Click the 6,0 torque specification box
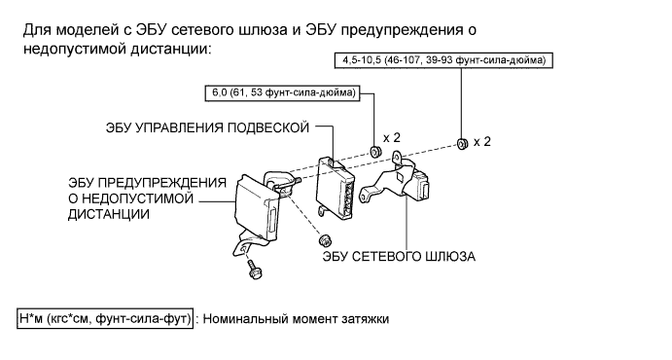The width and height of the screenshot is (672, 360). pos(283,93)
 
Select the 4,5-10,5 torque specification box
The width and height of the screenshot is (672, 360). pos(443,60)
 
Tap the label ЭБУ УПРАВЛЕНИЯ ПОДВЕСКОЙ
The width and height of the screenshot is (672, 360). pos(207,127)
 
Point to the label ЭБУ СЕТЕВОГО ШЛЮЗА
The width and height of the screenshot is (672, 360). pos(399,256)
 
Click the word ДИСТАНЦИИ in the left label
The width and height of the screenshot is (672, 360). pos(109,214)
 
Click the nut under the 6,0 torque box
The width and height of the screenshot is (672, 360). pos(375,151)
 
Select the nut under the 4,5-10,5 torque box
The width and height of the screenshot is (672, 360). pos(462,144)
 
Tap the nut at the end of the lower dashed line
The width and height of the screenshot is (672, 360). pos(326,239)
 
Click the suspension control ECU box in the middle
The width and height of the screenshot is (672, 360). pos(336,189)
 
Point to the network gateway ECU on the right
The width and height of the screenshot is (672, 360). pos(397,180)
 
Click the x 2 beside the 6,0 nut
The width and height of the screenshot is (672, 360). pos(392,138)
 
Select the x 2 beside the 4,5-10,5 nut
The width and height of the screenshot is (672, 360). pos(482,142)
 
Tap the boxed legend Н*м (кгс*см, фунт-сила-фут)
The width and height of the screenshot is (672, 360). pos(105,319)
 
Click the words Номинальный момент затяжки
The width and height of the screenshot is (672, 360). pos(296,319)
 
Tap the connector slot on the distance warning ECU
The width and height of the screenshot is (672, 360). pos(271,223)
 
